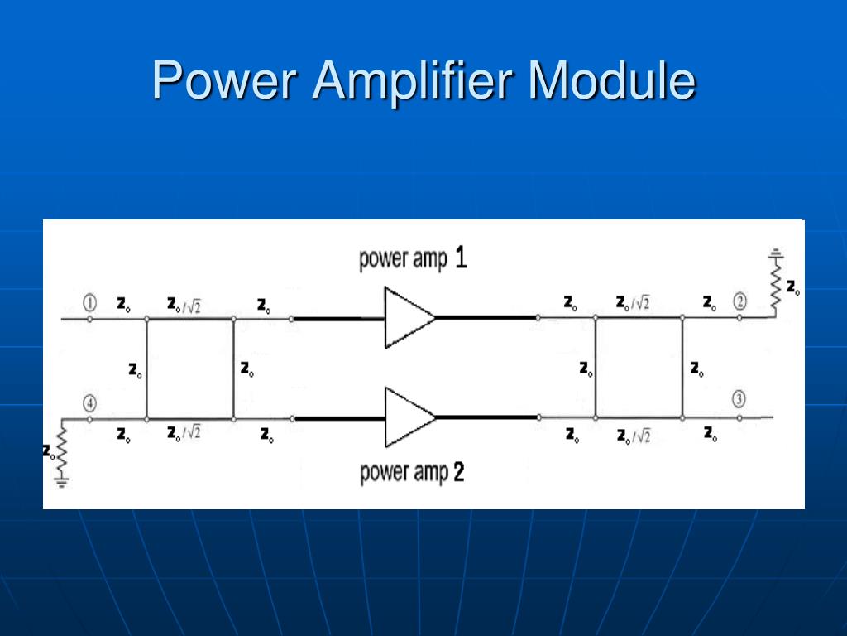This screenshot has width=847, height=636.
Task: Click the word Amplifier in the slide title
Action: [414, 80]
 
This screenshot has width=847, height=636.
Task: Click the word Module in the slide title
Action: [612, 80]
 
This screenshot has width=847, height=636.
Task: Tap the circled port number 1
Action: [90, 302]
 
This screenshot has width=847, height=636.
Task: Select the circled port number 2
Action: [739, 302]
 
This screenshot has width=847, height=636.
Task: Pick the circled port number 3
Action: [739, 400]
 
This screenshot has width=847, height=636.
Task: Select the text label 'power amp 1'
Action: [413, 259]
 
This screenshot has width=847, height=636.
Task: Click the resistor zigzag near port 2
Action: [775, 286]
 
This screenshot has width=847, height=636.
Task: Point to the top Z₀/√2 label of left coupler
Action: [184, 304]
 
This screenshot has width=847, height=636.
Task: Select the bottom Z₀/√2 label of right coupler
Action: [633, 436]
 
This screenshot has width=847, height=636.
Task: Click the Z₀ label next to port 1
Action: [122, 304]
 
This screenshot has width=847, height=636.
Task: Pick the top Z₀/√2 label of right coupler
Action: [633, 303]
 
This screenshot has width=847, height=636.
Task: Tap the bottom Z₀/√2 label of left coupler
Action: [184, 433]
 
